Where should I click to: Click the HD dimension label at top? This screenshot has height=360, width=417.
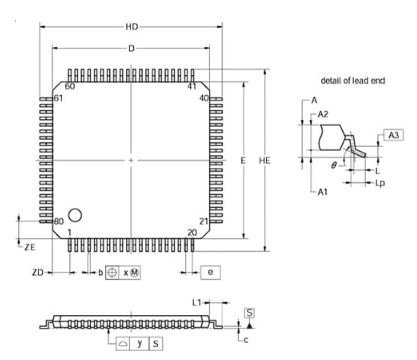pyautogui.click(x=131, y=26)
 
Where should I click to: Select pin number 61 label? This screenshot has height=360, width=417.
pyautogui.click(x=59, y=98)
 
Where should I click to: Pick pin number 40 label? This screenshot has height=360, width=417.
pyautogui.click(x=203, y=98)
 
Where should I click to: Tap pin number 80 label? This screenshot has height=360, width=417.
pyautogui.click(x=59, y=221)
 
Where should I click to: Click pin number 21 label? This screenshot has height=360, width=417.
pyautogui.click(x=203, y=221)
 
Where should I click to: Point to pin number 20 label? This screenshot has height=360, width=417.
pyautogui.click(x=191, y=232)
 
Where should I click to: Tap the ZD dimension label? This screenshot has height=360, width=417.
pyautogui.click(x=37, y=271)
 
